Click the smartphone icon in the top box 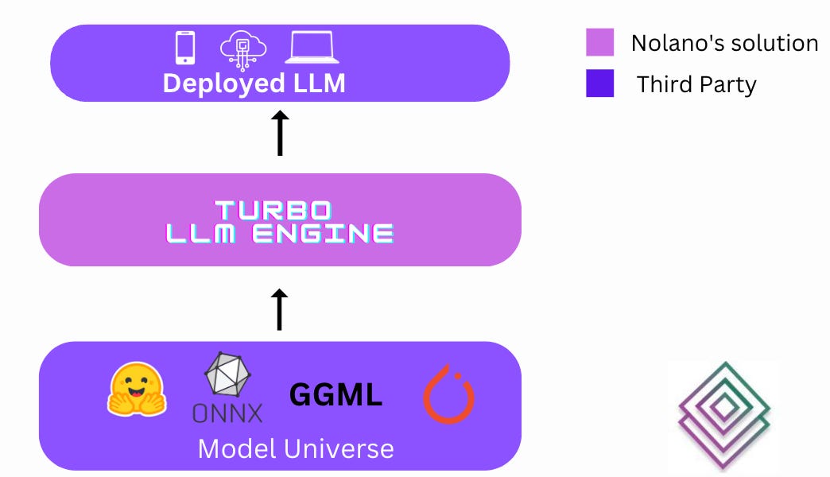point(184,48)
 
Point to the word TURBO point(273,210)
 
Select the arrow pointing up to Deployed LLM point(280,134)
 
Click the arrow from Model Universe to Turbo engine point(280,310)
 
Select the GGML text point(335,394)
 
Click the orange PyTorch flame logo point(448,394)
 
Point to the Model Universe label point(296,448)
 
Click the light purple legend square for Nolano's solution point(600,43)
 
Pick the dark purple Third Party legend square point(600,83)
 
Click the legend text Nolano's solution point(724,43)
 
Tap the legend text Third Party point(696,84)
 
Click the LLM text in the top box point(318,83)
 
